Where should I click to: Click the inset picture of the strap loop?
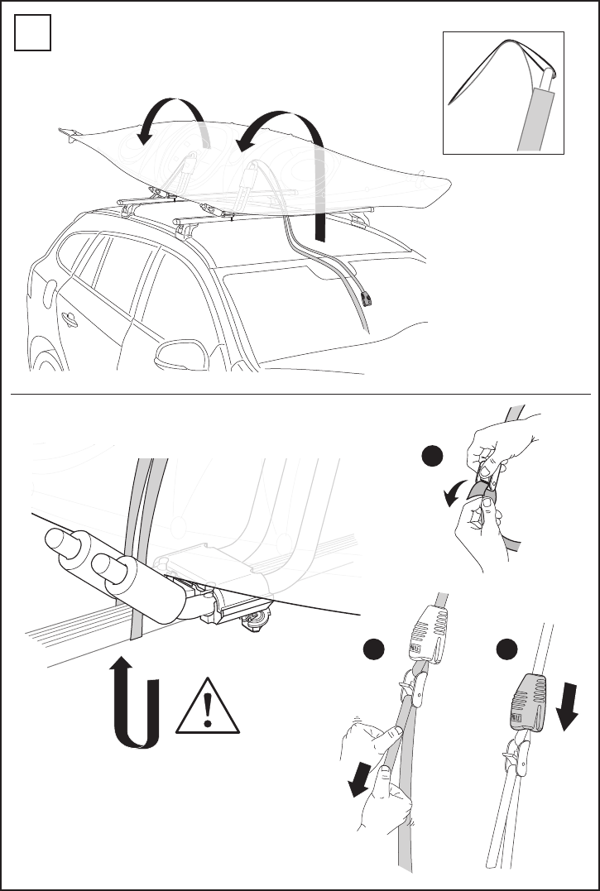(503, 93)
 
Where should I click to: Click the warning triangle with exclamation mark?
(208, 707)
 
